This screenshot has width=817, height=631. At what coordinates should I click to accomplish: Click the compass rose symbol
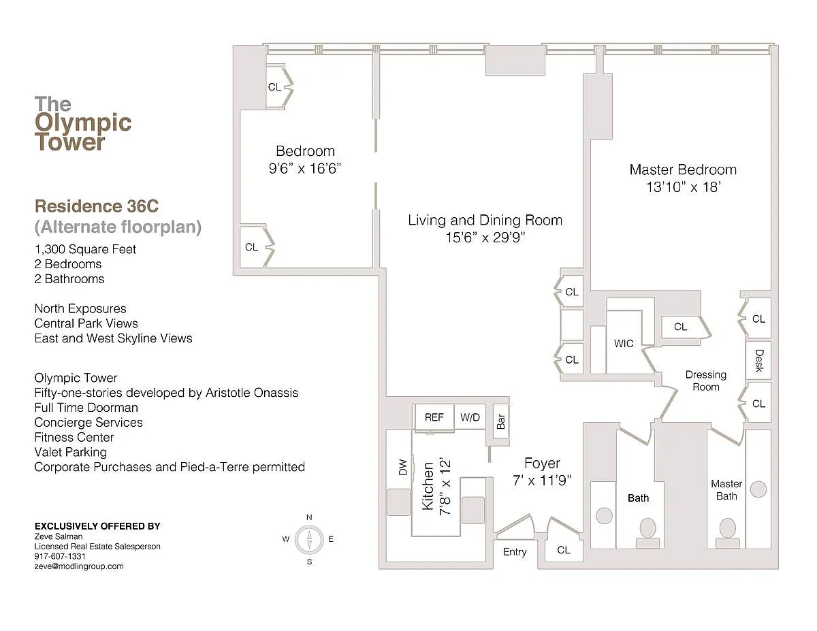(x=309, y=540)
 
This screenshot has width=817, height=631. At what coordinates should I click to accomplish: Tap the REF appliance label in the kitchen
(x=434, y=417)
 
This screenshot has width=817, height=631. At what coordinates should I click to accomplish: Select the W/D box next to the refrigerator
(x=470, y=417)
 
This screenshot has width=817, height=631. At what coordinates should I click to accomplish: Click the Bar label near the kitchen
(x=501, y=421)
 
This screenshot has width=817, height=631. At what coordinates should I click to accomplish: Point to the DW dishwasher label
(x=402, y=467)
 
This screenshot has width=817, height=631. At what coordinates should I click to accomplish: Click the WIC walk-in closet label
(x=624, y=344)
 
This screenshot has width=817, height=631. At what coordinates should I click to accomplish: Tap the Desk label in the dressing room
(x=759, y=360)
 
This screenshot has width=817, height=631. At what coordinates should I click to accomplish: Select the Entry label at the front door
(x=515, y=552)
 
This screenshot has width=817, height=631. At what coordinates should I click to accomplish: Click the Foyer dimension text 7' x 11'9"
(x=542, y=481)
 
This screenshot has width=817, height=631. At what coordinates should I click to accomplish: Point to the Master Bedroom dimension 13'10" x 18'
(x=683, y=187)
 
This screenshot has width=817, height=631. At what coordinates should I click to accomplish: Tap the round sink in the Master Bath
(x=758, y=489)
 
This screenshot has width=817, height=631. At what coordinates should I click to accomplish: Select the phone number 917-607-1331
(x=60, y=556)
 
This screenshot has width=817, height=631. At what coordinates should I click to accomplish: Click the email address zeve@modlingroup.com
(x=79, y=566)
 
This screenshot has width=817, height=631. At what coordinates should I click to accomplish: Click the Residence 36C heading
(x=97, y=206)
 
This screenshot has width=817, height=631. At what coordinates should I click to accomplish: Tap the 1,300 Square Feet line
(x=85, y=249)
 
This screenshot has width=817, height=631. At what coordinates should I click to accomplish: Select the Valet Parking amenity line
(x=71, y=452)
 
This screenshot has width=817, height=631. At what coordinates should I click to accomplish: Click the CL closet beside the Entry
(x=564, y=550)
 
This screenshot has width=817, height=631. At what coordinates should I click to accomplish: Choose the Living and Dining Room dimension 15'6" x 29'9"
(x=485, y=238)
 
